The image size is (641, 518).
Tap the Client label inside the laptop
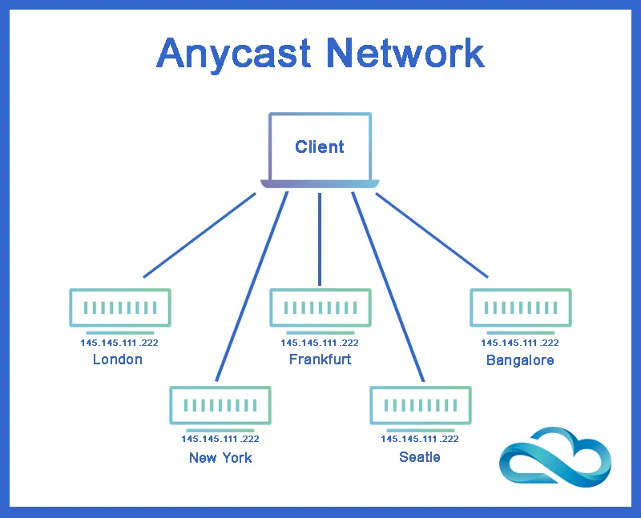coord(320,147)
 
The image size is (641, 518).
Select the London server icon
coord(120,307)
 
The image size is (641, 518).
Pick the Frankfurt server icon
coord(320,307)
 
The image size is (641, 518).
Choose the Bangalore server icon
coord(520,307)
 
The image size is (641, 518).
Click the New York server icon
coord(220,405)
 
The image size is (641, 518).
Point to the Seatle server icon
coord(420,405)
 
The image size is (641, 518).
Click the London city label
coord(118,359)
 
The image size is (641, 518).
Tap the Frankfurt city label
coord(320,359)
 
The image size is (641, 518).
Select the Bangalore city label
coord(520,360)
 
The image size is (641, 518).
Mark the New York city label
coord(220,458)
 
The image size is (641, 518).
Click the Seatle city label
coord(420,457)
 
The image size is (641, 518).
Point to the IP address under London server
coord(119,343)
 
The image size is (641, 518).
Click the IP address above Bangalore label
coord(520,343)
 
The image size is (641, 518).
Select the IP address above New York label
coord(220,439)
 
